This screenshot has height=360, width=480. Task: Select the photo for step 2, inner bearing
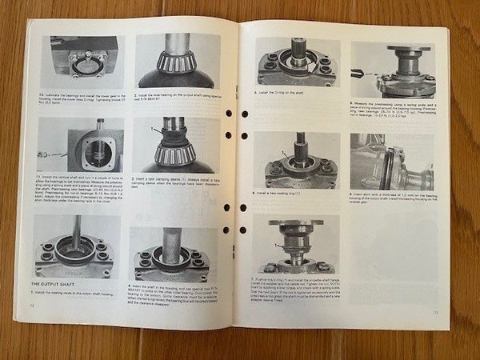click(x=177, y=61)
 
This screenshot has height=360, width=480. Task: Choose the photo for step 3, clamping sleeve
click(x=177, y=145)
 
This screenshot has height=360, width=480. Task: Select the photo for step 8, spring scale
click(x=394, y=70)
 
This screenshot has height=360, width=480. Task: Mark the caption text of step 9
click(x=394, y=198)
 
